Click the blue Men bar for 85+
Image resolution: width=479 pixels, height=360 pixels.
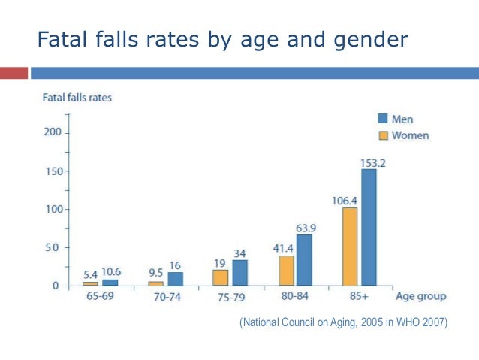click(368, 227)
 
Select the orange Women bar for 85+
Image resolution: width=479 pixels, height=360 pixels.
click(349, 247)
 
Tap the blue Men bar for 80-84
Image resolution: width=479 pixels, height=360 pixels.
click(304, 260)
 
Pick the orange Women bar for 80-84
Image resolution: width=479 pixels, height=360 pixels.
click(286, 270)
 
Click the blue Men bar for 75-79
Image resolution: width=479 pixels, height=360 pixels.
click(239, 272)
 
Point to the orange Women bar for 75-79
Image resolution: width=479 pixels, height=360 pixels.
click(221, 277)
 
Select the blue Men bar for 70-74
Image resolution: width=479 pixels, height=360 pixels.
click(175, 279)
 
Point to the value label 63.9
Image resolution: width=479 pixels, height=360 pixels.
click(305, 228)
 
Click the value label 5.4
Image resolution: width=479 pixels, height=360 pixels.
click(90, 275)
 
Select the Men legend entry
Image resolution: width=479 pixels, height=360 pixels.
click(395, 119)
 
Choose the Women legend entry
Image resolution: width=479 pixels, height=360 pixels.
click(402, 135)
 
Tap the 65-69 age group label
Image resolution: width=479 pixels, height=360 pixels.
click(100, 297)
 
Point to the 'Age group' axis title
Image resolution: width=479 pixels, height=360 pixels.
click(421, 296)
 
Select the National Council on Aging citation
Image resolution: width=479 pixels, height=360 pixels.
click(343, 322)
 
